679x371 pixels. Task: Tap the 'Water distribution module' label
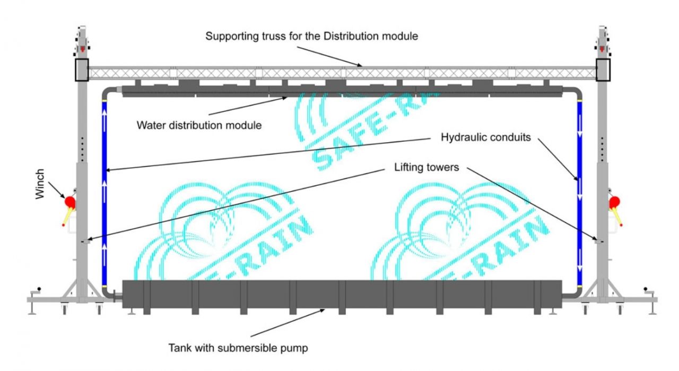[199, 126]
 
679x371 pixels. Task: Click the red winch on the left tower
[69, 202]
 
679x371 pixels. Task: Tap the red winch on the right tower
[615, 202]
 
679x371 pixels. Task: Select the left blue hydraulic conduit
[105, 191]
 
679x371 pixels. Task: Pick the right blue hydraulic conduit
[580, 191]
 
